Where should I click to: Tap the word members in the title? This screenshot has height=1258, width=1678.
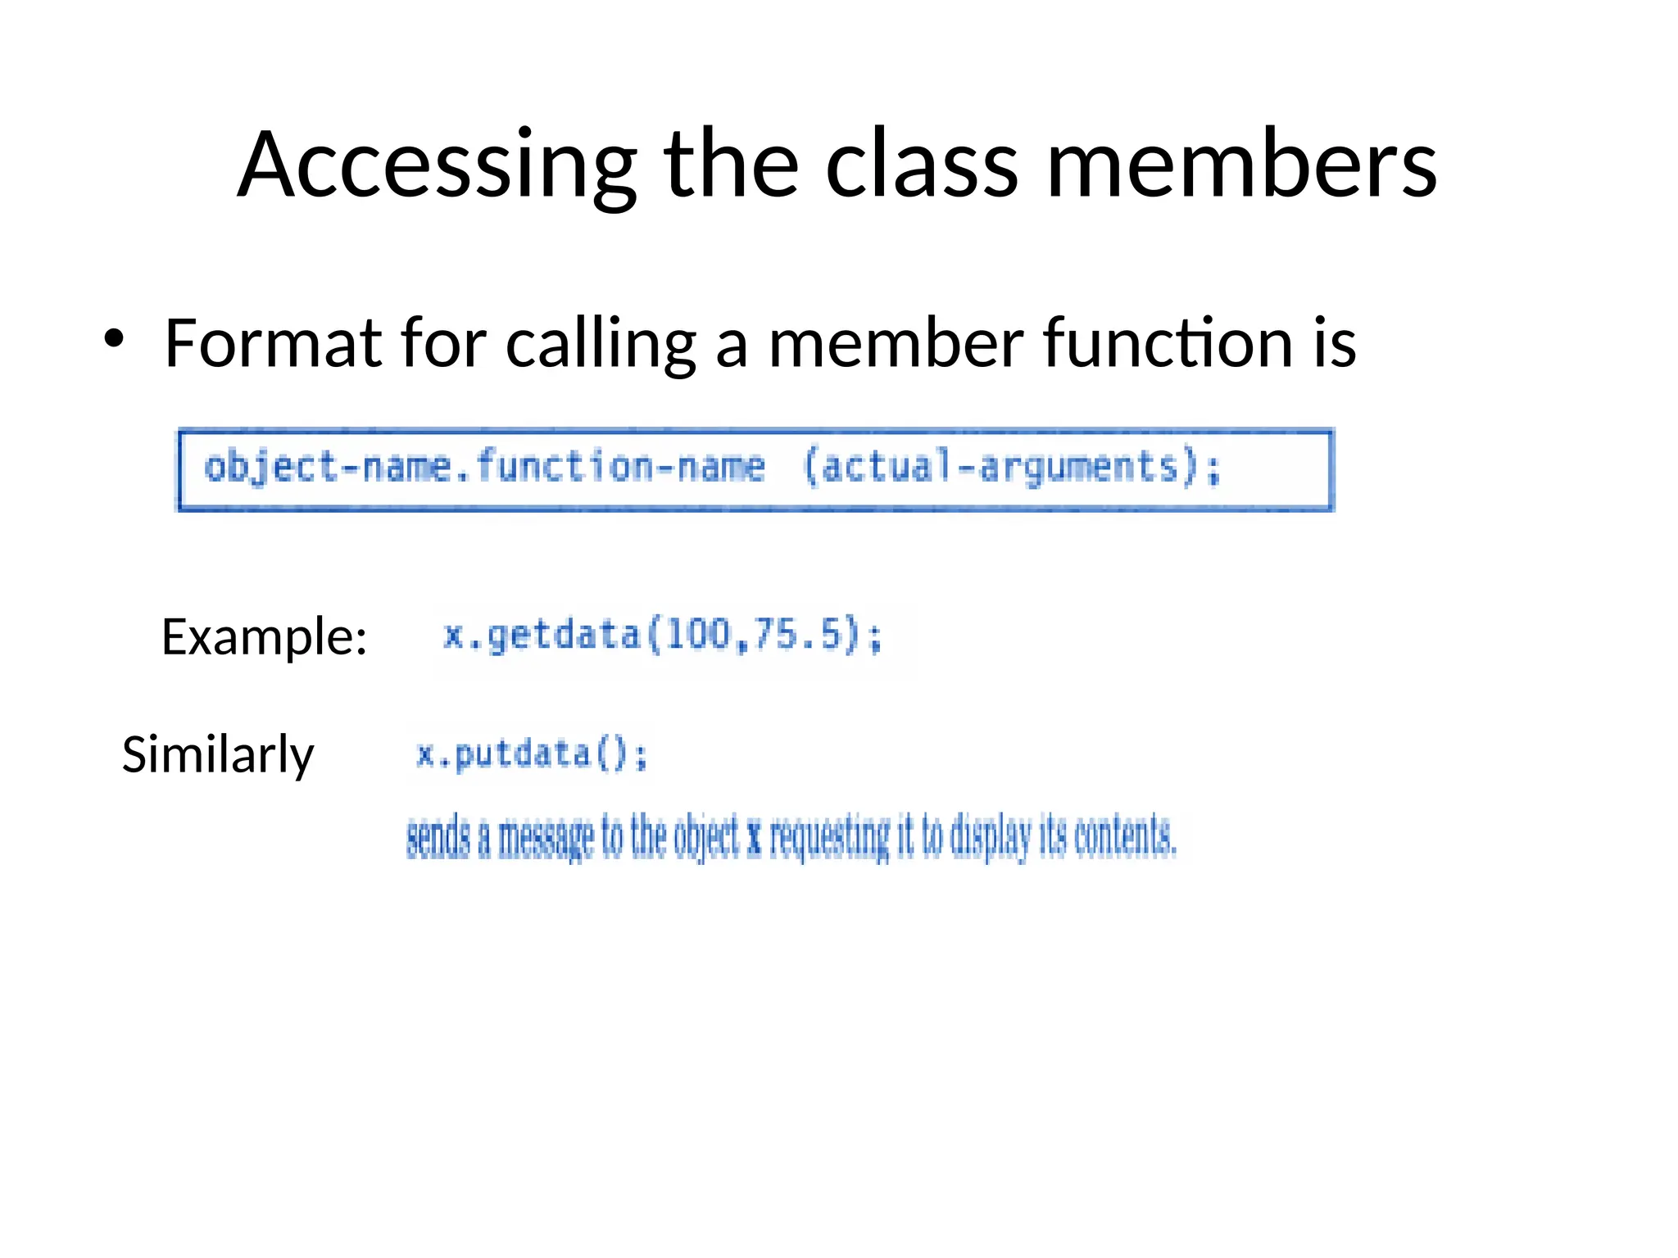point(1241,165)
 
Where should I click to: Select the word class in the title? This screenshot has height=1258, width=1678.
point(922,165)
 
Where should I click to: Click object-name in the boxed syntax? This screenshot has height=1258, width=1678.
point(327,468)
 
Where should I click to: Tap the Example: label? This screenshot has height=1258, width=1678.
point(264,637)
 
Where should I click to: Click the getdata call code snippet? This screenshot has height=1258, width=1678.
point(662,636)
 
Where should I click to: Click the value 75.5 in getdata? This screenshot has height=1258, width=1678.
point(798,635)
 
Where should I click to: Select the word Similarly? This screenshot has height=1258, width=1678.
point(217,754)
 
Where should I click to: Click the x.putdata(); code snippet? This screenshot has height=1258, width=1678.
point(531,754)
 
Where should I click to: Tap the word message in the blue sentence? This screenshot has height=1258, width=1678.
point(546,838)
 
